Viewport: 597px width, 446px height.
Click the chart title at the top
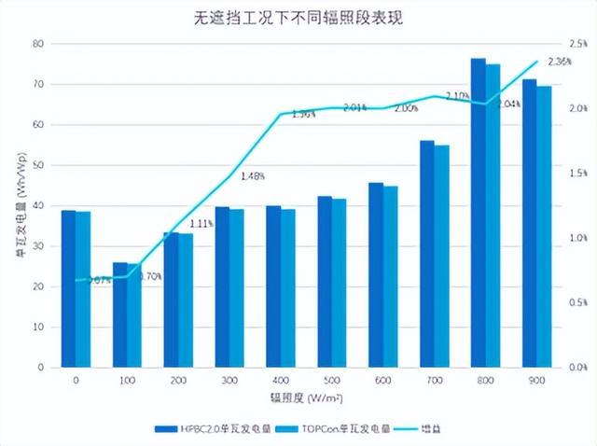pos(299,18)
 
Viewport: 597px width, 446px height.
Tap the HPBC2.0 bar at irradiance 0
pos(68,288)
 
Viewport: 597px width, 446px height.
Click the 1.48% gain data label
pos(253,175)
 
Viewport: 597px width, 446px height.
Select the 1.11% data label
pos(201,224)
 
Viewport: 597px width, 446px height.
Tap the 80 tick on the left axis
pos(37,44)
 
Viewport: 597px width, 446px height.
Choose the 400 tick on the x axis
pos(280,381)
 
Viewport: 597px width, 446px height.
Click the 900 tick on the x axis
pos(537,381)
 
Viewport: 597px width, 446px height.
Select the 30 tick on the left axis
pos(37,246)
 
